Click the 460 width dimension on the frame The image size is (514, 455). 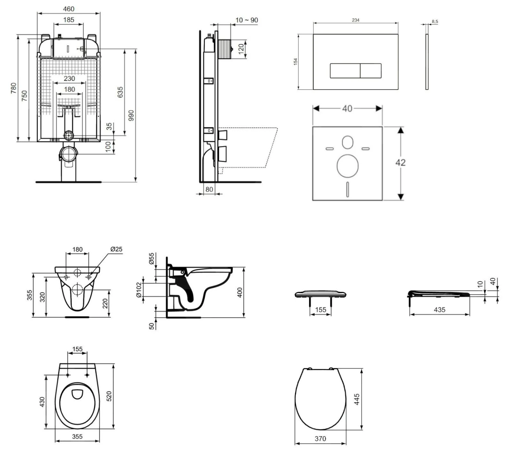pos(69,9)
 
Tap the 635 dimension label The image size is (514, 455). pos(120,92)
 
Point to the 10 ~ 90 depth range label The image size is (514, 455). pos(247,20)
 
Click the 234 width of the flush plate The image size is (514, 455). pos(356,20)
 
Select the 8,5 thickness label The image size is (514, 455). pos(435,22)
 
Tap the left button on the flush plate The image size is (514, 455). pos(345,71)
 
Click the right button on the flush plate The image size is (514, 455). pos(370,71)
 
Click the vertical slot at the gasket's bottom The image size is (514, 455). pos(348,189)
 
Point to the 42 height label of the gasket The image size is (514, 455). pos(400,162)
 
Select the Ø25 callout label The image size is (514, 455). pos(116,249)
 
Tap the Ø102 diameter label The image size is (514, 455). pos(139,290)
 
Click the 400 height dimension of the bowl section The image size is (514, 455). pos(240,292)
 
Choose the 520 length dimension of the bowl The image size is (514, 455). pos(109,396)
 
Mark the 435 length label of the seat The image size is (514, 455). pos(440,310)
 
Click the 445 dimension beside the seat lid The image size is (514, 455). pos(357,399)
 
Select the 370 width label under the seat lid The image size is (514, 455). pos(320,439)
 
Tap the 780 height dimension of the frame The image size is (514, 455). pos(13,88)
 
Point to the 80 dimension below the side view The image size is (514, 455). pos(209,189)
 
